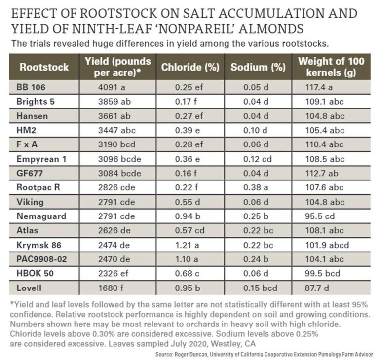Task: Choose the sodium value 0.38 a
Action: (x=255, y=188)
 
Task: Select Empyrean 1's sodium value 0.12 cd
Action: (x=257, y=159)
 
